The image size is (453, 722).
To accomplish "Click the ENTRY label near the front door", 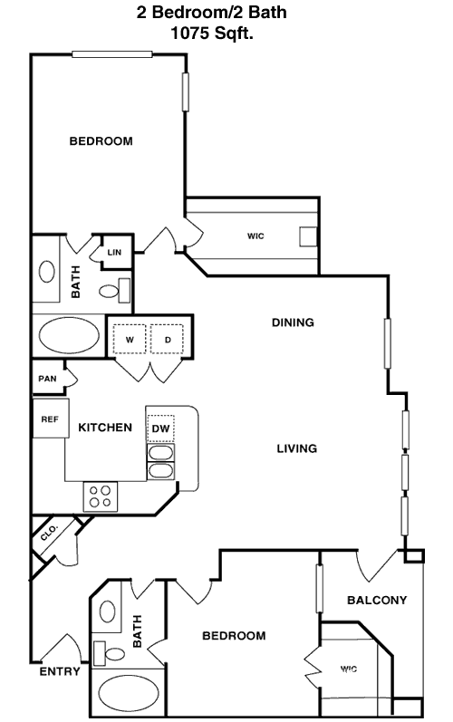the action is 60,671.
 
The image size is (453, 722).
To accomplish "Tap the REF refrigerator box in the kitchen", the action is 51,419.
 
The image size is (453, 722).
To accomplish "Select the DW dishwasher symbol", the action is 160,428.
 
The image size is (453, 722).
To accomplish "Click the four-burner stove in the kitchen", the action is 100,496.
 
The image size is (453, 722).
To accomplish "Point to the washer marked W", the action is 130,340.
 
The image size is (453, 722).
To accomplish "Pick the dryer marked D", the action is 167,340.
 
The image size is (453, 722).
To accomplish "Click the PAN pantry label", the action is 47,379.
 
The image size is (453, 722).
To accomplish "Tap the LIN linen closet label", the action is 114,253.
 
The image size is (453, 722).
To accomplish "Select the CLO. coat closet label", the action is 48,533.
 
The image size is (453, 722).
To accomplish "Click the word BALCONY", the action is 377,600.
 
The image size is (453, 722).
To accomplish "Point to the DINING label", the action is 293,322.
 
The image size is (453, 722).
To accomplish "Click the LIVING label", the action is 297,448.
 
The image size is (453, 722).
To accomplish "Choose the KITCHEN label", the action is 105,428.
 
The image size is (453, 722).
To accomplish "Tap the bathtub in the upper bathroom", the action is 69,335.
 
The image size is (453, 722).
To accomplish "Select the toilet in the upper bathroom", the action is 115,291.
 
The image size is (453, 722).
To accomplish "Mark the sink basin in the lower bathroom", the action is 108,611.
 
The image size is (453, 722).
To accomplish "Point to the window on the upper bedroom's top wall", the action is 111,54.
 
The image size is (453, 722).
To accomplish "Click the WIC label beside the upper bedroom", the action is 255,236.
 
